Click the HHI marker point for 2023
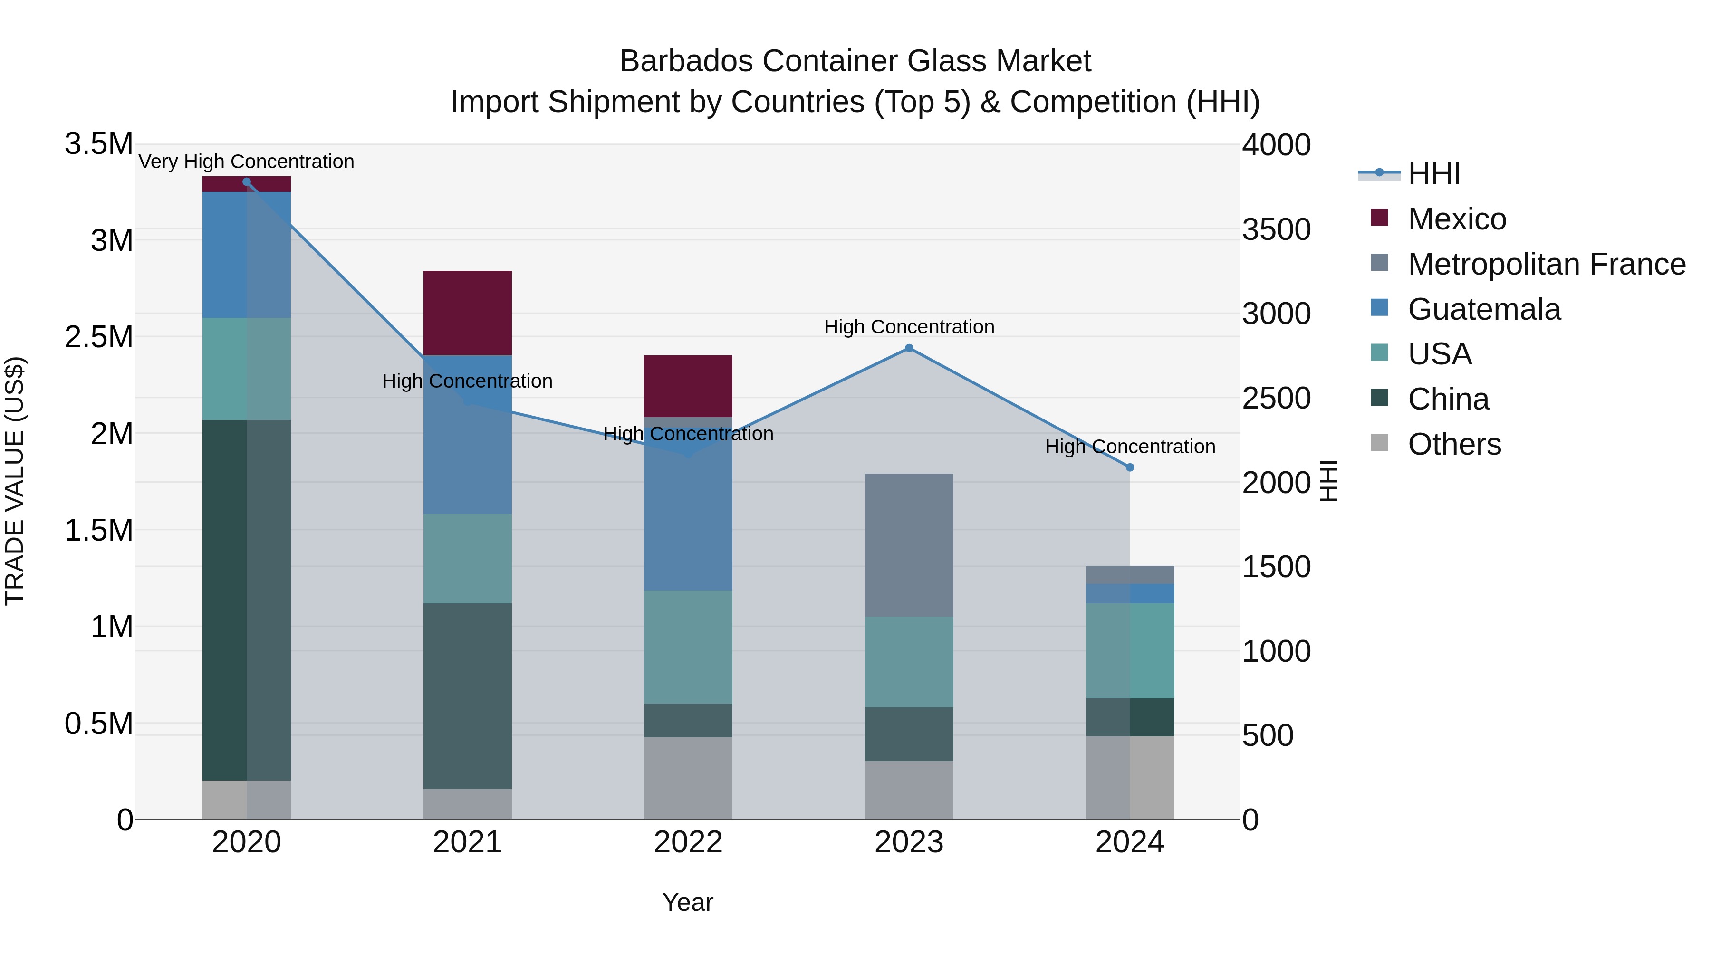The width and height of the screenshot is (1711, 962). [x=909, y=348]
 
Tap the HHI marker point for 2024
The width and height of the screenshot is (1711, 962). [x=1130, y=467]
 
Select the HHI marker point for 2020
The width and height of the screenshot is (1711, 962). [x=246, y=182]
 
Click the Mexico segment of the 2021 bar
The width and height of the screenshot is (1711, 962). [x=468, y=313]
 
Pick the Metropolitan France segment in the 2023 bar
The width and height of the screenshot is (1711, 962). [x=909, y=545]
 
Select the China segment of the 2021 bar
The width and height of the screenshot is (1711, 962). [x=468, y=696]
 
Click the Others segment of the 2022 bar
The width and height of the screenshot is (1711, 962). [x=688, y=778]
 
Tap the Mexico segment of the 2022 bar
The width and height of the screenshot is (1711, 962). [x=688, y=386]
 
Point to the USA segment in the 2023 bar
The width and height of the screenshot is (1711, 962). [x=909, y=662]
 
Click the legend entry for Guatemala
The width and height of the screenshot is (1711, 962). [x=1483, y=309]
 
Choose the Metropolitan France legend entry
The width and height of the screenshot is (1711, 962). [x=1546, y=264]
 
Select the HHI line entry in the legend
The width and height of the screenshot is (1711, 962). [x=1433, y=174]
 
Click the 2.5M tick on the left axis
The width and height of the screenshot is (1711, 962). [x=99, y=337]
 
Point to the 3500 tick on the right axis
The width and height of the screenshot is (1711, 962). [x=1276, y=230]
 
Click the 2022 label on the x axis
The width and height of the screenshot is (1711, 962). [x=688, y=842]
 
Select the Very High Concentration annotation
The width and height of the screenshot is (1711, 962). [x=246, y=162]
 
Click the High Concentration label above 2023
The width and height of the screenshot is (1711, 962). [x=909, y=327]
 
